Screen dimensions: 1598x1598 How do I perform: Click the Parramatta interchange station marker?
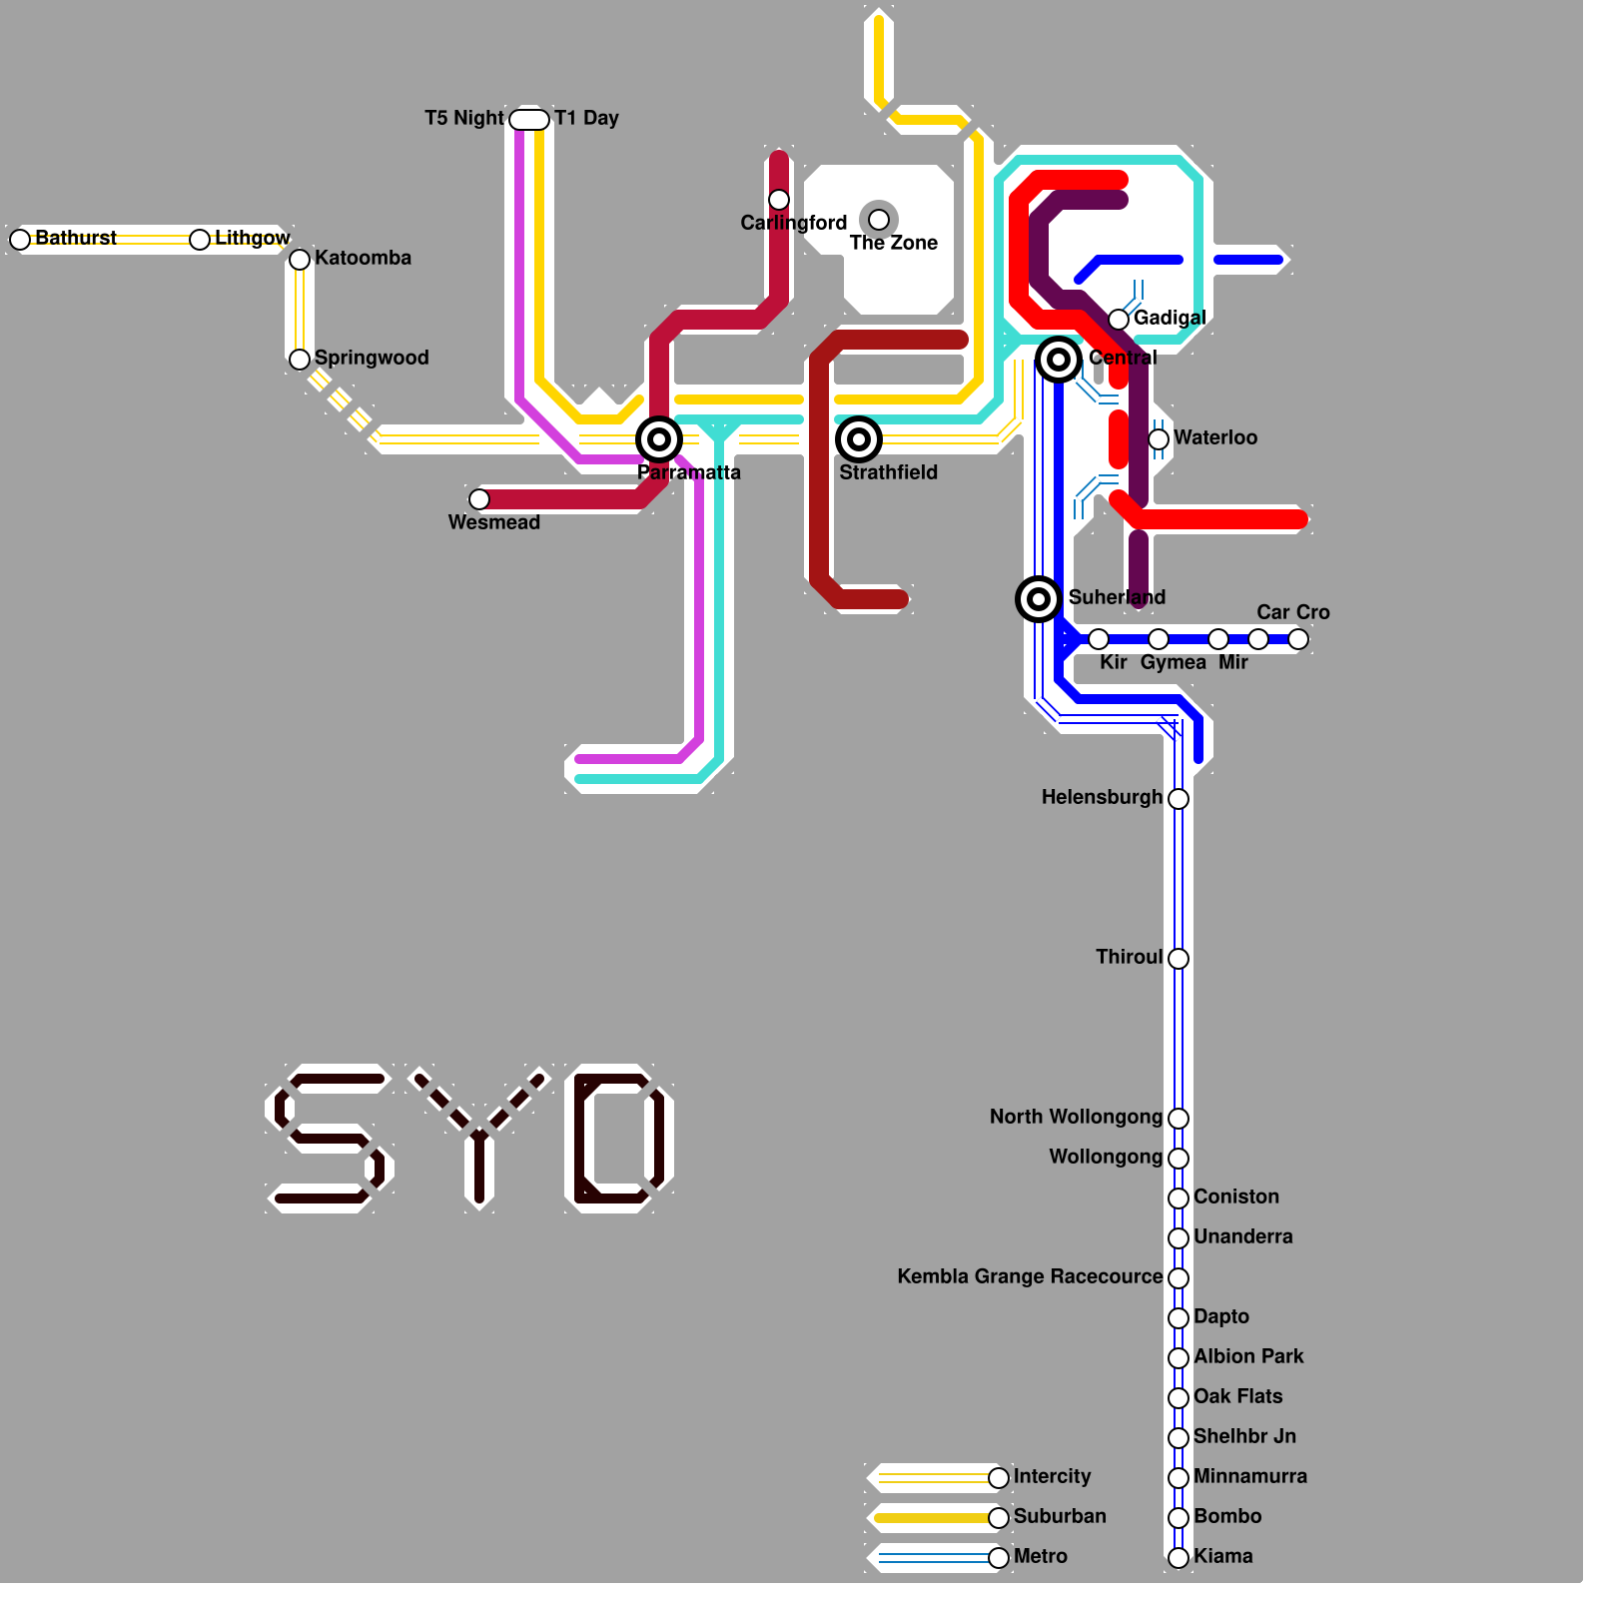tap(659, 439)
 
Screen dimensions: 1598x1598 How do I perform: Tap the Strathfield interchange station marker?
tap(859, 439)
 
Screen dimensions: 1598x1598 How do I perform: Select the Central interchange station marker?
tap(1059, 360)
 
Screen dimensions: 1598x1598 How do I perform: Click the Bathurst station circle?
tap(20, 240)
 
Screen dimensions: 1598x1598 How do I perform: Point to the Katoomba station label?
tap(363, 258)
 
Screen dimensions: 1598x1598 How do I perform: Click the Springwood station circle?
tap(300, 360)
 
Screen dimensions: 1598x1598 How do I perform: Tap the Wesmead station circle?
tap(479, 499)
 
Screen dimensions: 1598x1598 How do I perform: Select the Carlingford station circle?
tap(779, 200)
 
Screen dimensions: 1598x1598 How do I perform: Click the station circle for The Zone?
tap(879, 220)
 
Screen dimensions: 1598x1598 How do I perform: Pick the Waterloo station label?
tap(1215, 437)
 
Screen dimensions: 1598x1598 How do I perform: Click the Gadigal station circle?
tap(1119, 320)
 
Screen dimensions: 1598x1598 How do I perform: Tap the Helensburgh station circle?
tap(1179, 799)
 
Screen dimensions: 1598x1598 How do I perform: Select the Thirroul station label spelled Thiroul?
tap(1129, 957)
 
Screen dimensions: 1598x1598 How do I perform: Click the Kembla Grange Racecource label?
tap(1030, 1276)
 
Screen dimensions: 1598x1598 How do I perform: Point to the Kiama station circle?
tap(1179, 1558)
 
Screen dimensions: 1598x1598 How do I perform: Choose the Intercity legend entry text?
tap(1052, 1476)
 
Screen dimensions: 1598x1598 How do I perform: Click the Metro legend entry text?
tap(1040, 1556)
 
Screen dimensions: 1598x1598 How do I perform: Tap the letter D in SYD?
tap(619, 1139)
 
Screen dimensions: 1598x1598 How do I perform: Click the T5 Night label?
tap(464, 118)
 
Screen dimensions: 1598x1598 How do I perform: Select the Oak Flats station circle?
tap(1179, 1398)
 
